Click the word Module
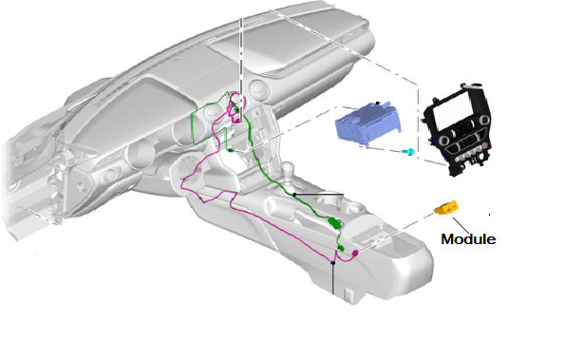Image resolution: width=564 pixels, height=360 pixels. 468,239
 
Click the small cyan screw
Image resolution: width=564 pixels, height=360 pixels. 408,151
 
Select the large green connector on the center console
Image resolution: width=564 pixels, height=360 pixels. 335,223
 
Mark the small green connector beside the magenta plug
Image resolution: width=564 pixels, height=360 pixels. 340,249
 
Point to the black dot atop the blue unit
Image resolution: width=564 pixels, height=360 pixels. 378,103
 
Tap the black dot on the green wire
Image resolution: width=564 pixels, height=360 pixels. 295,194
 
